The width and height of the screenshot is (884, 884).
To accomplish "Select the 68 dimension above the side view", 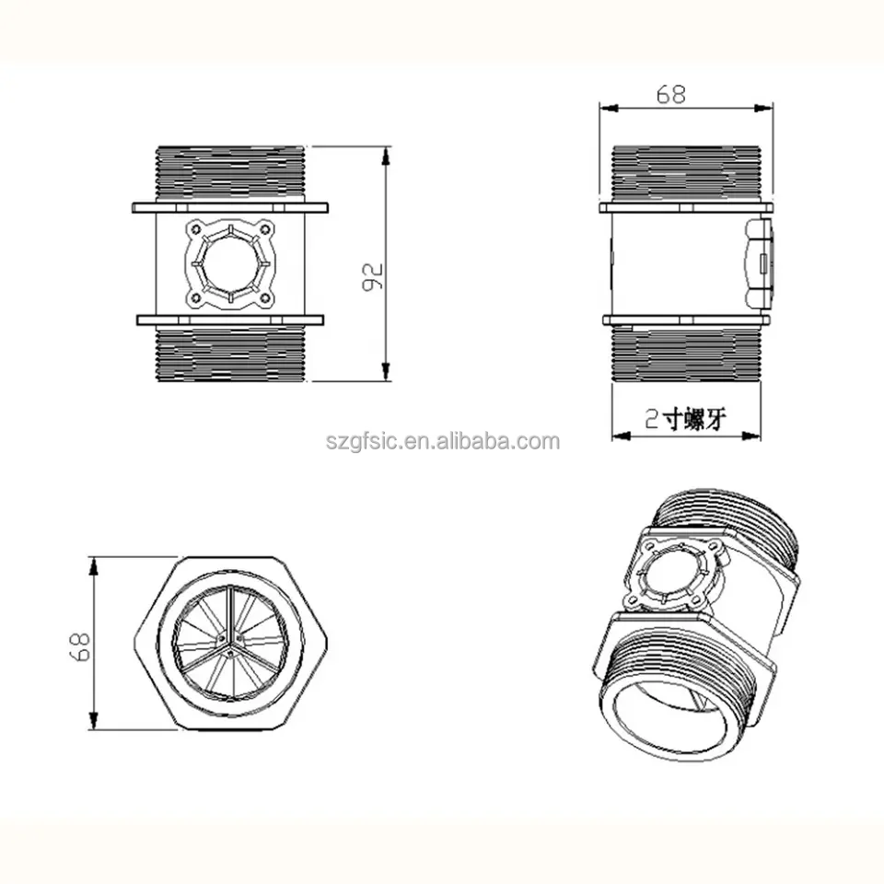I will pos(670,94).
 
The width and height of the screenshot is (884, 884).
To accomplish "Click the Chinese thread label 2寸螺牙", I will pos(686,421).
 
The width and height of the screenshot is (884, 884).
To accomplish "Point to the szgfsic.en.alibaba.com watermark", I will pos(442,441).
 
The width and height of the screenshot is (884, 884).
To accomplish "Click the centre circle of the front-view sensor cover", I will pos(229,263).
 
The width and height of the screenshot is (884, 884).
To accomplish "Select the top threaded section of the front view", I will pos(229,173).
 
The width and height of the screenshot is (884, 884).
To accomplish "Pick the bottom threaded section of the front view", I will pos(229,355).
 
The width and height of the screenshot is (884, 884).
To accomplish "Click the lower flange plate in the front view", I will pos(229,320).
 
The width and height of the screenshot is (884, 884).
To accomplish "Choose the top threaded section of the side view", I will pos(686,173).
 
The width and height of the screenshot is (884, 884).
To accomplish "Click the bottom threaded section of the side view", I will pos(686,355).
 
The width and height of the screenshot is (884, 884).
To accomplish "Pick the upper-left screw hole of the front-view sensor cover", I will pos(195,227).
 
